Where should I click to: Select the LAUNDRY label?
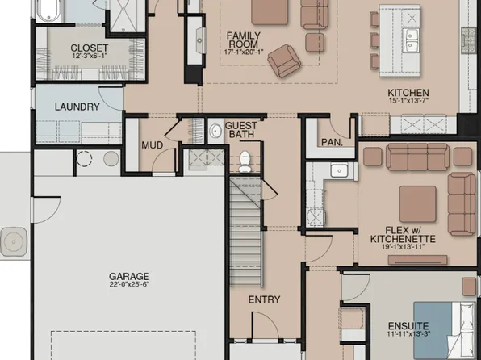[x=77, y=107]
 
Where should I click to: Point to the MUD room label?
[x=153, y=145]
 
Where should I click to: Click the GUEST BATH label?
[x=241, y=130]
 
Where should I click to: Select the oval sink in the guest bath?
[x=215, y=132]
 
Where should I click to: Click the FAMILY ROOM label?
[x=243, y=41]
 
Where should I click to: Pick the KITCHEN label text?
[x=408, y=93]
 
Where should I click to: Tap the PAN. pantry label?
[x=332, y=141]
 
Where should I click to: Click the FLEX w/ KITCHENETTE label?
[x=403, y=234]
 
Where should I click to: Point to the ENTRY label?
[x=264, y=299]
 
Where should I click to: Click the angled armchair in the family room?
[x=282, y=60]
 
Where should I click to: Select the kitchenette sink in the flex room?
[x=340, y=170]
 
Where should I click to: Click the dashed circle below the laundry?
[x=85, y=158]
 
